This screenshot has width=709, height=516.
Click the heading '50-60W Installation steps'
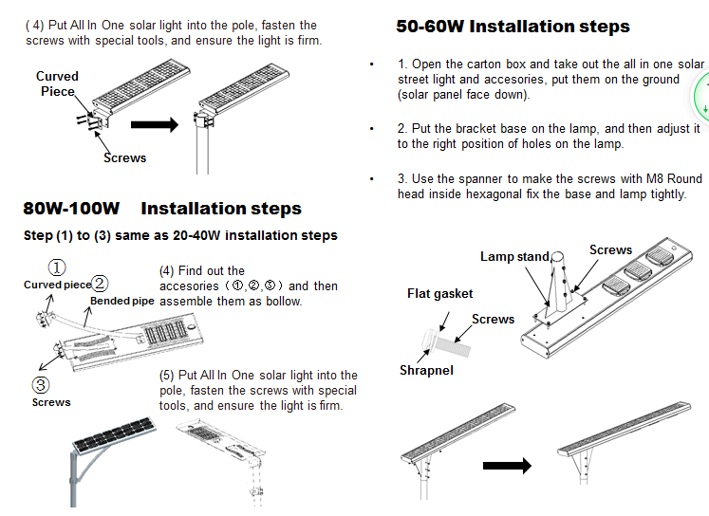tap(513, 27)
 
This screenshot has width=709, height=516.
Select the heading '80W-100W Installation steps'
tap(162, 209)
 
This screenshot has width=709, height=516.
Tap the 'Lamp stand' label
tap(514, 257)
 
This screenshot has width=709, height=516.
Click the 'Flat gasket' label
tap(440, 294)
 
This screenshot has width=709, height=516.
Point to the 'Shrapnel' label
tap(426, 370)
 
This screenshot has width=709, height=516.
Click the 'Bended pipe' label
tap(121, 302)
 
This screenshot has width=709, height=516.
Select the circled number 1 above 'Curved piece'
tap(57, 268)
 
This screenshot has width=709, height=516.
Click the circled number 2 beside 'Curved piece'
tap(100, 284)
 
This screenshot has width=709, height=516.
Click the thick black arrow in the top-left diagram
tap(155, 123)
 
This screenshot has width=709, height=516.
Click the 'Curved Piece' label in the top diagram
tap(57, 83)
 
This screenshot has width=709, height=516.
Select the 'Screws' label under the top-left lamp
tap(124, 157)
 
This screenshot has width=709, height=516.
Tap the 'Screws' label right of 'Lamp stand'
tap(610, 250)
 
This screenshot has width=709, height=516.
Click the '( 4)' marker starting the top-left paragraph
tap(34, 26)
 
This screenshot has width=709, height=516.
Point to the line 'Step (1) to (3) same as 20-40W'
tap(179, 235)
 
